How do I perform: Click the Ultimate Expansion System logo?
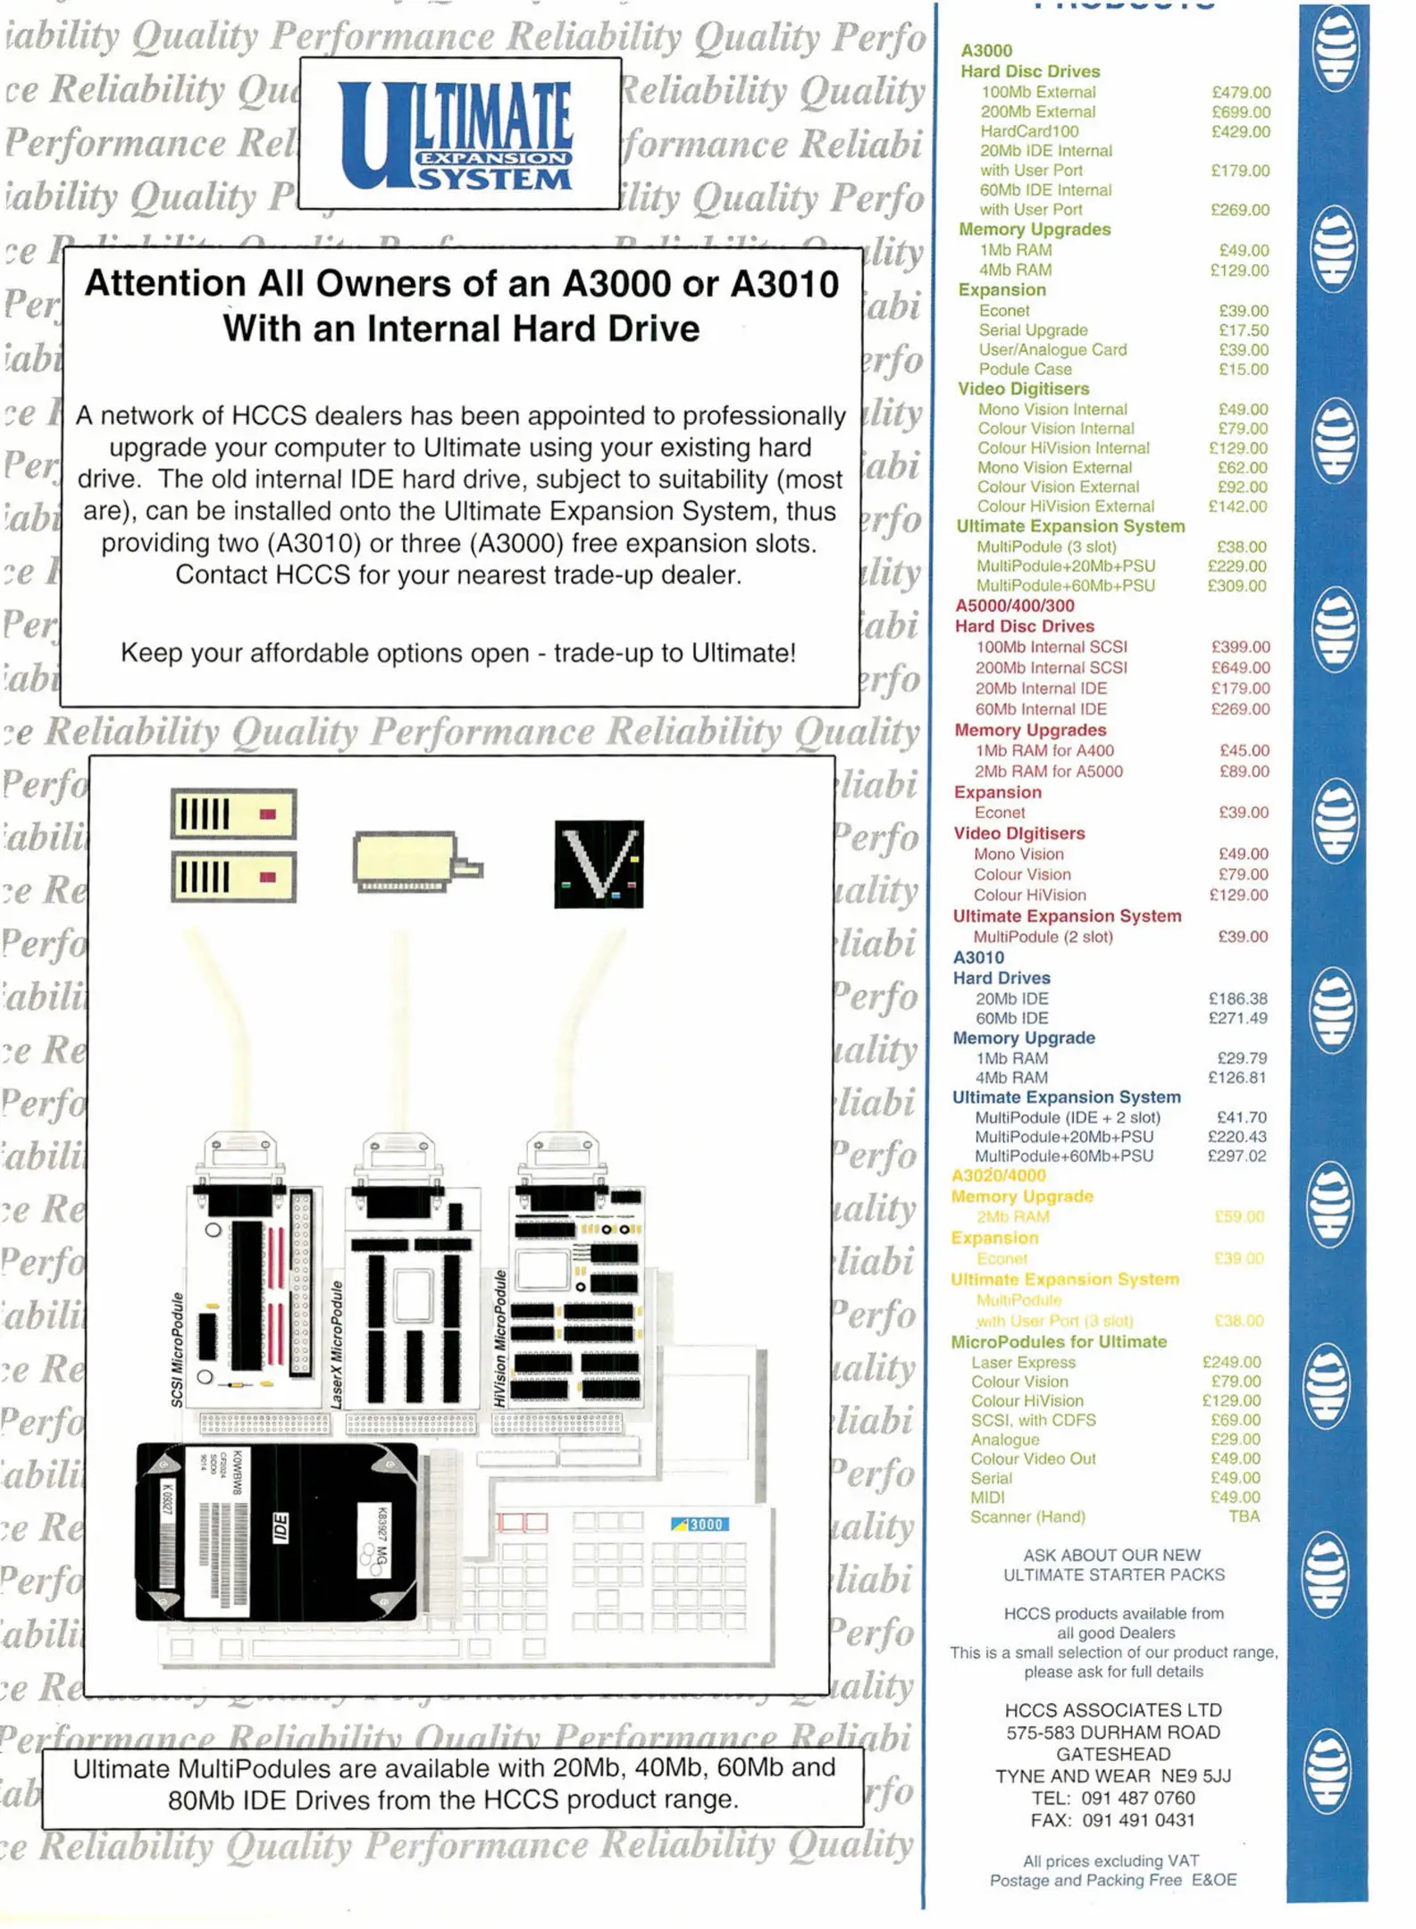458,134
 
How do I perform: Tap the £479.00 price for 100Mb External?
1241,93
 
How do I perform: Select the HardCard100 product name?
1029,131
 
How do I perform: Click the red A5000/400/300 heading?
1015,605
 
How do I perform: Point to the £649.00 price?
1240,668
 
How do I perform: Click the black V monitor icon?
599,864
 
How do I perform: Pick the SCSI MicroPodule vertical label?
178,1349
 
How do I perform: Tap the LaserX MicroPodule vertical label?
337,1345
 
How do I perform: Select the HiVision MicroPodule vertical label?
500,1339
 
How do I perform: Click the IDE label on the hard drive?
280,1527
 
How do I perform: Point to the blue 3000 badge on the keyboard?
700,1524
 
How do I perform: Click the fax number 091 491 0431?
1138,1820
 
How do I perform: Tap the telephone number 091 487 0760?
1138,1798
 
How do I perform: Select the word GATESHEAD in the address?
1113,1754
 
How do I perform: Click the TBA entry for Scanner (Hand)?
1244,1516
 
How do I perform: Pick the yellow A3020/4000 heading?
998,1175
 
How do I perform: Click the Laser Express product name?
1023,1362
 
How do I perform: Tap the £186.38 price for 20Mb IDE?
1237,998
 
